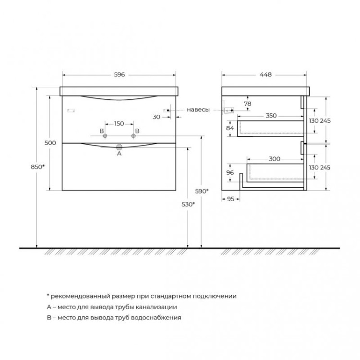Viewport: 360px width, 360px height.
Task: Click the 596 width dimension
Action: tap(120, 74)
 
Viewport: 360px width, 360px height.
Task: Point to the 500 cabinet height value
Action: tap(50, 143)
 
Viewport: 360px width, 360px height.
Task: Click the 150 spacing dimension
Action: tap(120, 124)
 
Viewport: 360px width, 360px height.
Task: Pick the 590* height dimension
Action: tap(202, 191)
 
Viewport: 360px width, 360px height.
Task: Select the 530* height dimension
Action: tap(189, 204)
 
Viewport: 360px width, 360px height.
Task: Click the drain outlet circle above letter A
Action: tap(120, 147)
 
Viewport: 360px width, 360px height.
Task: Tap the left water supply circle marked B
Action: tap(102, 136)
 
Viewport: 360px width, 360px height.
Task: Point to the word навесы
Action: tap(198, 110)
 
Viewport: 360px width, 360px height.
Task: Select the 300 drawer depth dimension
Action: tap(275, 158)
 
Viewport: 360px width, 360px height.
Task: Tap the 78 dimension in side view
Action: tap(248, 103)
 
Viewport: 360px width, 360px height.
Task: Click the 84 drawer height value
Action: tap(230, 128)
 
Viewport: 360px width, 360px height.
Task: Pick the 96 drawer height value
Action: tap(230, 172)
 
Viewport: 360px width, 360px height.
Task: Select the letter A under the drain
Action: tap(120, 154)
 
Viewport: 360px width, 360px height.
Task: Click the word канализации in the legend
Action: tap(158, 307)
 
